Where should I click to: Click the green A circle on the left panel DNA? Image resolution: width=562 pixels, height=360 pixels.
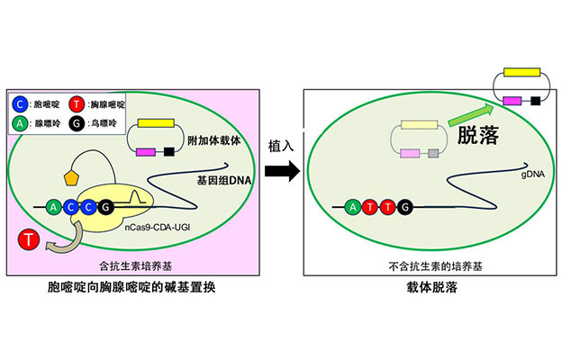point(55,208)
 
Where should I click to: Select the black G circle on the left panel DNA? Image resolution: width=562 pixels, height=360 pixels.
point(106,208)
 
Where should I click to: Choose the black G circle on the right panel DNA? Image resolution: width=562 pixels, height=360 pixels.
point(405,208)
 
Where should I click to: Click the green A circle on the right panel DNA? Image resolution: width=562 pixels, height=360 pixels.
point(353,208)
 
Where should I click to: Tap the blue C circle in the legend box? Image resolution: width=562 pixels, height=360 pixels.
point(21,103)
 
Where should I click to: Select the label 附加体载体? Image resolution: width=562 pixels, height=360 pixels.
point(217,141)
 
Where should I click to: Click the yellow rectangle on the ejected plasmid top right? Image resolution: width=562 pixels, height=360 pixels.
point(528,70)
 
